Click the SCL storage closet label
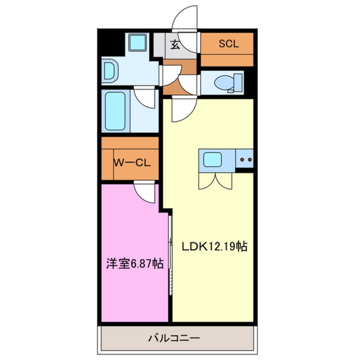(x=229, y=43)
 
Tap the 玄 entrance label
(x=175, y=44)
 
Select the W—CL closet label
(x=130, y=163)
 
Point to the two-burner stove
(x=245, y=160)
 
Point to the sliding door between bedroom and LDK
(x=170, y=255)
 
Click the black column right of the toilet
(x=251, y=83)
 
